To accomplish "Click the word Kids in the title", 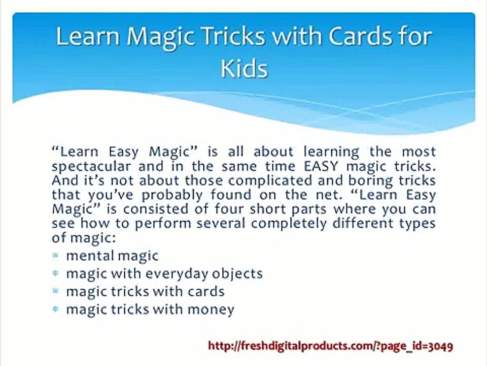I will pyautogui.click(x=244, y=68).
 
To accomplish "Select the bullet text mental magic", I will pyautogui.click(x=112, y=255).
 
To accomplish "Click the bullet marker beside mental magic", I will pyautogui.click(x=56, y=255).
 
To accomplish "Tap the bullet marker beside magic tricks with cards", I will pyautogui.click(x=56, y=291).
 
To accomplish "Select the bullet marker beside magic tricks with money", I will pyautogui.click(x=56, y=309).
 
